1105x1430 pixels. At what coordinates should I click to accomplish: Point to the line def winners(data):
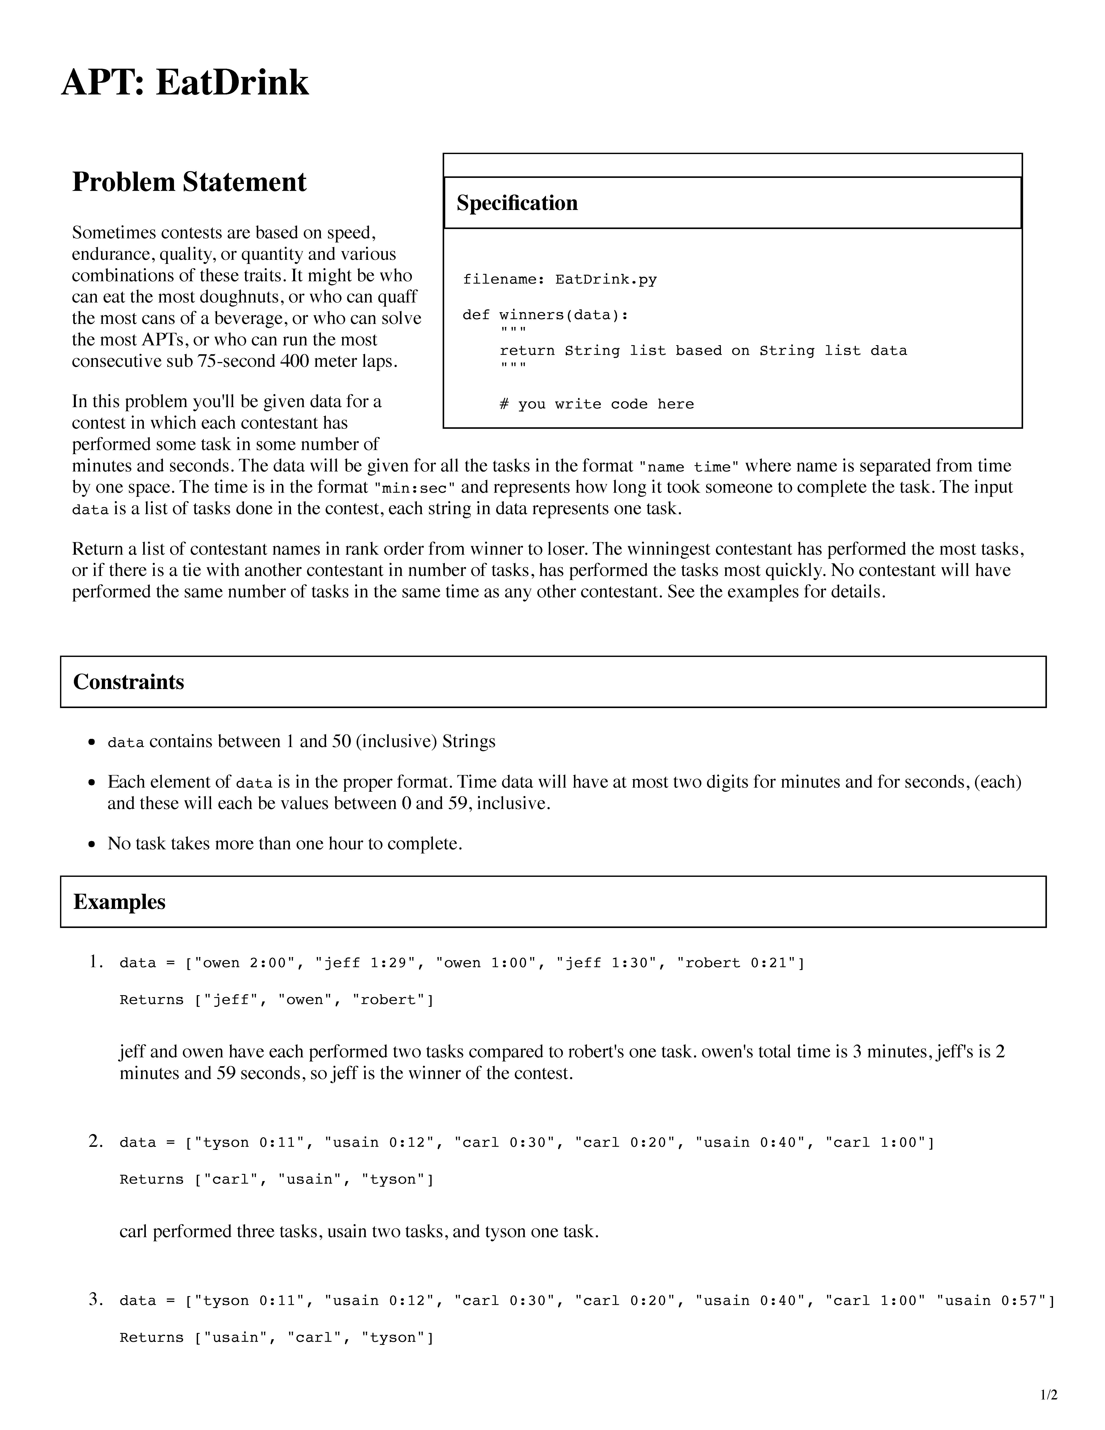click(545, 315)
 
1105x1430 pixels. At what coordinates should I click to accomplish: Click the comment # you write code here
click(596, 404)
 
